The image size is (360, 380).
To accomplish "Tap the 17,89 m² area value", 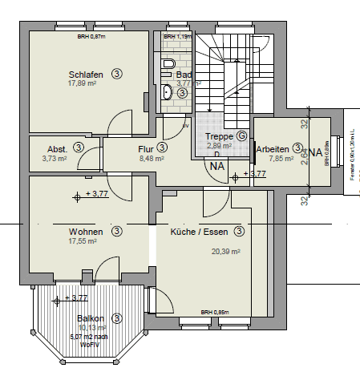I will pos(83,83).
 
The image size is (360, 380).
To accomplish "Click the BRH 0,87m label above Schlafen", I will pos(90,37).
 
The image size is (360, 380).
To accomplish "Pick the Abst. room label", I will pos(57,148).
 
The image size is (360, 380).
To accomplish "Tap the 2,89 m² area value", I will pos(218,148).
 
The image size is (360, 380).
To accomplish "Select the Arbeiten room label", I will pos(273,148).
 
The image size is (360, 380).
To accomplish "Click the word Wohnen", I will pos(86,231).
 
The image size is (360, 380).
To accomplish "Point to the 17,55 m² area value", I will pos(83,241).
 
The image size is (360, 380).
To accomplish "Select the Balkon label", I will pos(91,318).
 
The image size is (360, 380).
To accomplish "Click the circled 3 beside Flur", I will pos(162,148).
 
